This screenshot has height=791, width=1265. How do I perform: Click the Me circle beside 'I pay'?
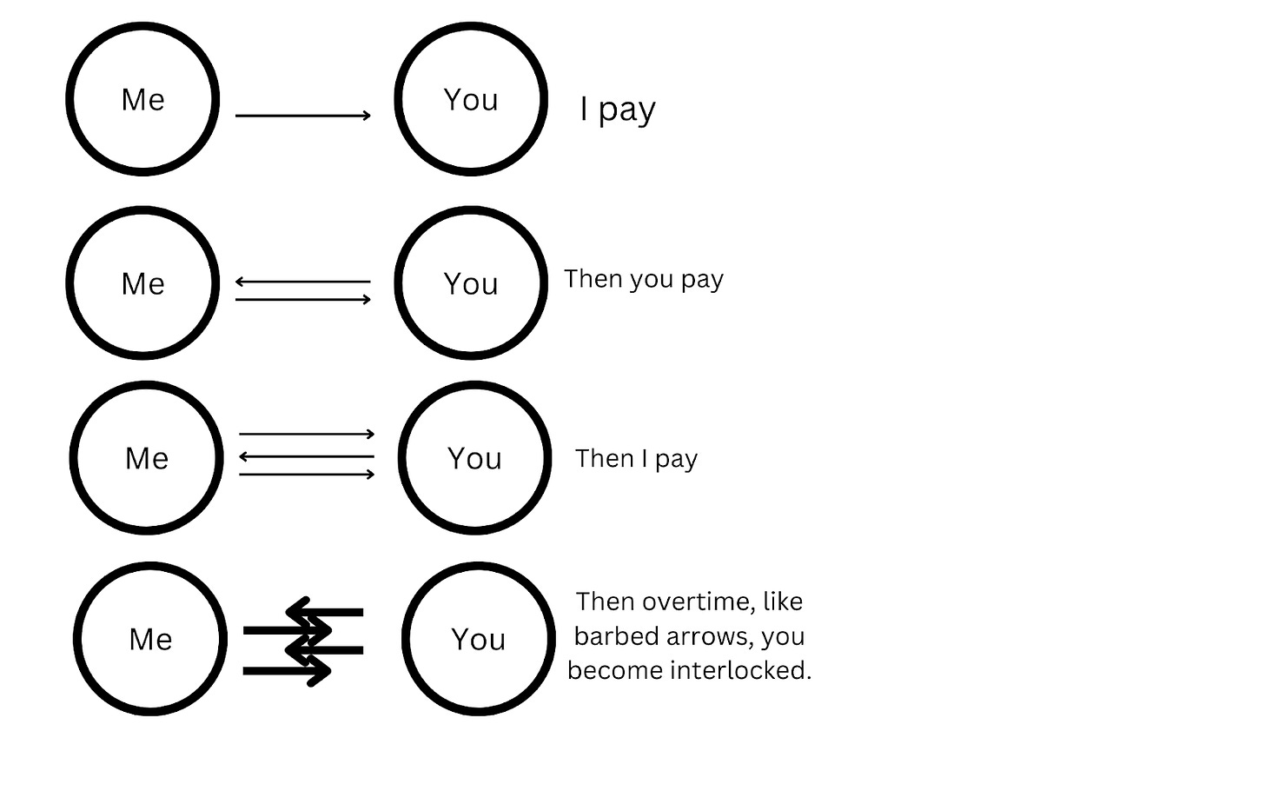point(142,99)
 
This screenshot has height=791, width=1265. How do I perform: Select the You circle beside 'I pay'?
point(471,99)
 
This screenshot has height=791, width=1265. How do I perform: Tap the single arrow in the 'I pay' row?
point(303,115)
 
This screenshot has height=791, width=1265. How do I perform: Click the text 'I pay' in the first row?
point(618,110)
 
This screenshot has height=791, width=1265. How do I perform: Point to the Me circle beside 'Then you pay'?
point(142,282)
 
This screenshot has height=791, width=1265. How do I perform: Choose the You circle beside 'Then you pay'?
point(471,282)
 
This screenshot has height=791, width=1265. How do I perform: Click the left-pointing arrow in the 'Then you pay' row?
point(303,282)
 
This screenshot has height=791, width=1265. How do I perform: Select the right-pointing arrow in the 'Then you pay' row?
point(303,300)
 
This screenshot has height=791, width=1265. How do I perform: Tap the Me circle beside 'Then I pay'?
point(146,457)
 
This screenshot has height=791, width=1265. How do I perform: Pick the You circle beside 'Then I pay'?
point(474,457)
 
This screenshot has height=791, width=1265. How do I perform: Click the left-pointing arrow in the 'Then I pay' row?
point(307,456)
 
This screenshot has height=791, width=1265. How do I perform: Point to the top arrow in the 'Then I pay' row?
point(307,434)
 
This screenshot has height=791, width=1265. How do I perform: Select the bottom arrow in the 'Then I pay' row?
point(307,475)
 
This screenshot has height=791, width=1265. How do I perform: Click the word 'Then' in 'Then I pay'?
point(604,458)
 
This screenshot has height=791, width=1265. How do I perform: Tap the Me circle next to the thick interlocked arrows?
point(150,639)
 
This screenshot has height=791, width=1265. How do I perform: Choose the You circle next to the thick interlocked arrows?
point(478,639)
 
